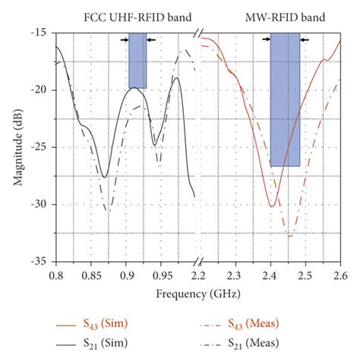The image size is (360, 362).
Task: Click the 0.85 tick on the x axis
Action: coord(90,272)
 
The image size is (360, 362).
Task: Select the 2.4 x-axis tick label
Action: coord(270,272)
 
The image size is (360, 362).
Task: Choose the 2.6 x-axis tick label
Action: coord(340,272)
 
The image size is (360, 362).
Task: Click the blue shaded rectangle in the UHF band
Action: coord(137,61)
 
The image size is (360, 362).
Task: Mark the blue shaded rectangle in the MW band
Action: coord(285,99)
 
